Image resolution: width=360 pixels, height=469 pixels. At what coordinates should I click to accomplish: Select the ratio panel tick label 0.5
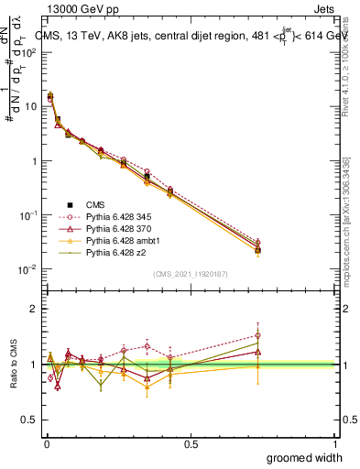28,420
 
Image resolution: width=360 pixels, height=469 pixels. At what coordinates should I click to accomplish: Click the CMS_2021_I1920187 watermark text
191,273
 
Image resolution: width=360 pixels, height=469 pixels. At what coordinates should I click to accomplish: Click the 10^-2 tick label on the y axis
26,269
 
